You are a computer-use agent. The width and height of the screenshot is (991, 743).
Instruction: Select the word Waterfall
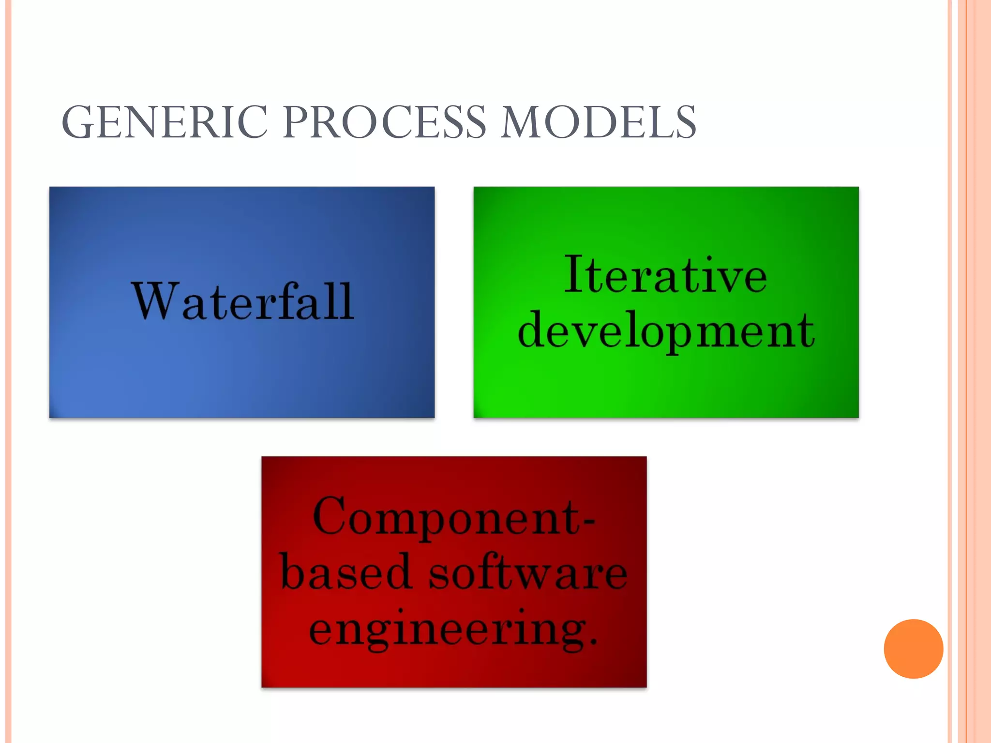pyautogui.click(x=242, y=302)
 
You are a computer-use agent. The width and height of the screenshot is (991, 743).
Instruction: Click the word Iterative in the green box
pyautogui.click(x=665, y=275)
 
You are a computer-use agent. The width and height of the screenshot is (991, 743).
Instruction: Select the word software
pyautogui.click(x=528, y=573)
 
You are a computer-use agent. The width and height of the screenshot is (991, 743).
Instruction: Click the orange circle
pyautogui.click(x=913, y=649)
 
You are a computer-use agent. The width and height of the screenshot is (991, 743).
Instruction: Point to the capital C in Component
pyautogui.click(x=330, y=517)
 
